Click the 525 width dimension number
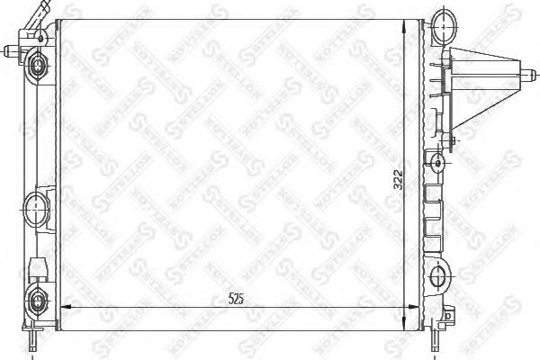pos(237,299)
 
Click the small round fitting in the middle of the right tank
pos(437,163)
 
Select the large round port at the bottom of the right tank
pos(442,275)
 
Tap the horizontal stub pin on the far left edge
pos(10,50)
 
